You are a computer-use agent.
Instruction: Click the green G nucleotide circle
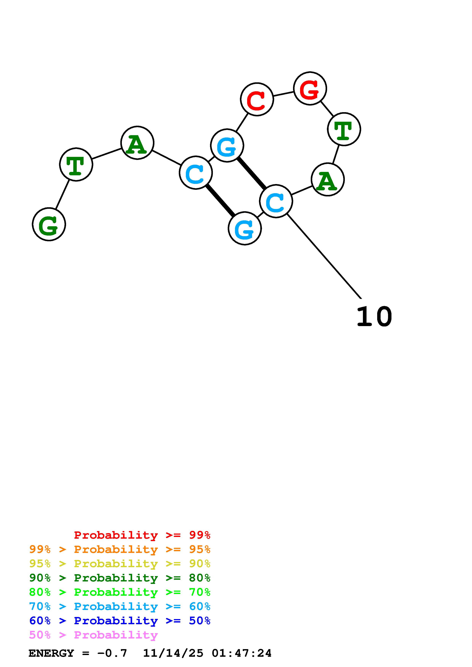tap(49, 224)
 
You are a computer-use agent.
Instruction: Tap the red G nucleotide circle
tap(310, 88)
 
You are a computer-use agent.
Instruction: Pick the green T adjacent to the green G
tap(76, 164)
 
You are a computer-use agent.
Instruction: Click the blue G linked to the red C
tap(227, 145)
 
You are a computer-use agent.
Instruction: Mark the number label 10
tap(374, 316)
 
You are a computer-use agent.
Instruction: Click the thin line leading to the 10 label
tap(324, 256)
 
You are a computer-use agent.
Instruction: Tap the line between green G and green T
tap(62, 194)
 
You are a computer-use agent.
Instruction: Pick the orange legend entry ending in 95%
tap(120, 549)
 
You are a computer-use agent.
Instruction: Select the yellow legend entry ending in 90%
tap(120, 564)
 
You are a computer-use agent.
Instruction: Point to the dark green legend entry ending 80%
tap(120, 578)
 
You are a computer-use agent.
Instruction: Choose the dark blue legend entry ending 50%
tap(120, 621)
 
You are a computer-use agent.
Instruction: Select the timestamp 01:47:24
tap(242, 653)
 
